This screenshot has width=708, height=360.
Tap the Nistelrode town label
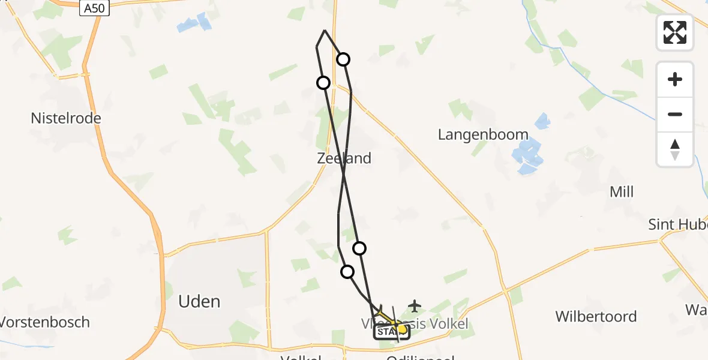point(66,118)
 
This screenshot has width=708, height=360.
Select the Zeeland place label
point(344,158)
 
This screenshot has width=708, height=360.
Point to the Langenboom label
point(483,134)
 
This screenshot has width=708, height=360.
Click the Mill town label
point(621,192)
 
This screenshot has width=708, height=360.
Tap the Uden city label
point(199,301)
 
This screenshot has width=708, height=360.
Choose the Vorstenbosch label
point(45,322)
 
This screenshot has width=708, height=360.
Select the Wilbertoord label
point(596,317)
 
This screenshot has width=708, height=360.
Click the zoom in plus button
point(675,79)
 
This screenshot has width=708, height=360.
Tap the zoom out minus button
point(675,114)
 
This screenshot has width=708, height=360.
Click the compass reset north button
point(675,149)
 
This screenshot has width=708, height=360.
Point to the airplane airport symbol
point(414,306)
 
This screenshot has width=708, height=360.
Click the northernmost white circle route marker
point(343,59)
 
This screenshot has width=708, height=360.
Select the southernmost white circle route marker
point(347,272)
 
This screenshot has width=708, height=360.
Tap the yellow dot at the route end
point(402,329)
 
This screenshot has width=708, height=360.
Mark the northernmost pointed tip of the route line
point(325,30)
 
